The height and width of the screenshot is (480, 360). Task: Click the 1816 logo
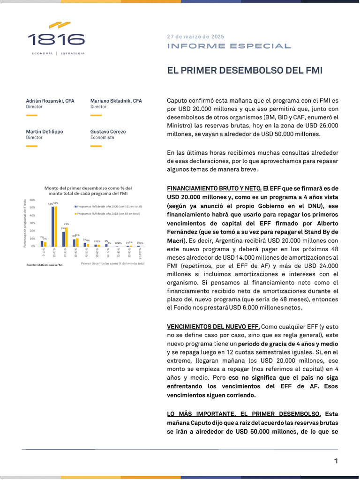click(56, 38)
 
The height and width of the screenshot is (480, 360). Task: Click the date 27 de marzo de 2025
click(195, 37)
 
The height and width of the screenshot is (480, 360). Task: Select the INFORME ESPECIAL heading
click(229, 46)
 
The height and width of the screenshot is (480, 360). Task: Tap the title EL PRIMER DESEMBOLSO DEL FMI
click(245, 71)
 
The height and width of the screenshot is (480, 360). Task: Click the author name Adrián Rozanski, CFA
click(50, 101)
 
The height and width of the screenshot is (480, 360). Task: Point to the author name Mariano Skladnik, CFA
click(116, 101)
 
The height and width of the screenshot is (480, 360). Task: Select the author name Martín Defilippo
click(45, 132)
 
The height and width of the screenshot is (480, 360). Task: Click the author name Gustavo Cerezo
click(108, 132)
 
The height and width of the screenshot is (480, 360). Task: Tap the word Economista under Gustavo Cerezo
click(102, 138)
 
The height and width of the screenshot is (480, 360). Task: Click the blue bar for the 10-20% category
click(52, 226)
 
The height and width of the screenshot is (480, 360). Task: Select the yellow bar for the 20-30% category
click(66, 237)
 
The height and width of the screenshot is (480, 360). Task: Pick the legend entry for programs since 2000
click(109, 206)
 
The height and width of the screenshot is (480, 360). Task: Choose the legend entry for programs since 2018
click(108, 213)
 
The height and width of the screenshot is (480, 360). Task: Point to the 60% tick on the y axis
click(32, 200)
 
